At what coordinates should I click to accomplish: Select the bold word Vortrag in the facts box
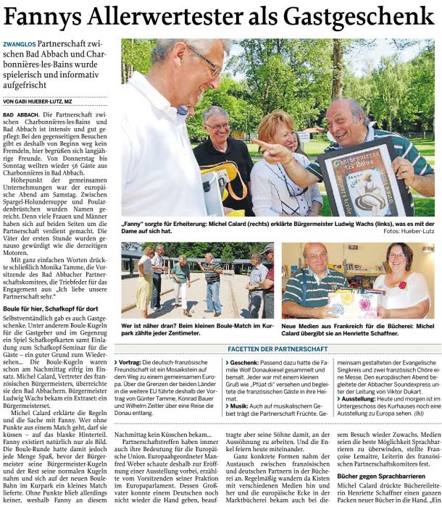(130, 360)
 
